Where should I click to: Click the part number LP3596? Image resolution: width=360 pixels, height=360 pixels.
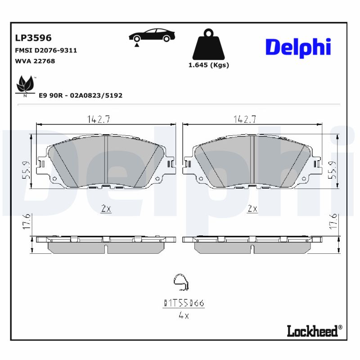33,38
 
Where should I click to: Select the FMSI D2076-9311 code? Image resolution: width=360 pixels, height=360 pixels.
46,50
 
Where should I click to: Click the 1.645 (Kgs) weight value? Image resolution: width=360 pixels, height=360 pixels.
208,65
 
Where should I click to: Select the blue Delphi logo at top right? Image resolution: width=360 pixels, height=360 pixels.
298,47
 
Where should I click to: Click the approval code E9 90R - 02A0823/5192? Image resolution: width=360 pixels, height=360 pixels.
81,95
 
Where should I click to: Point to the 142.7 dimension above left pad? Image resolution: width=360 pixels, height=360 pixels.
99,119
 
